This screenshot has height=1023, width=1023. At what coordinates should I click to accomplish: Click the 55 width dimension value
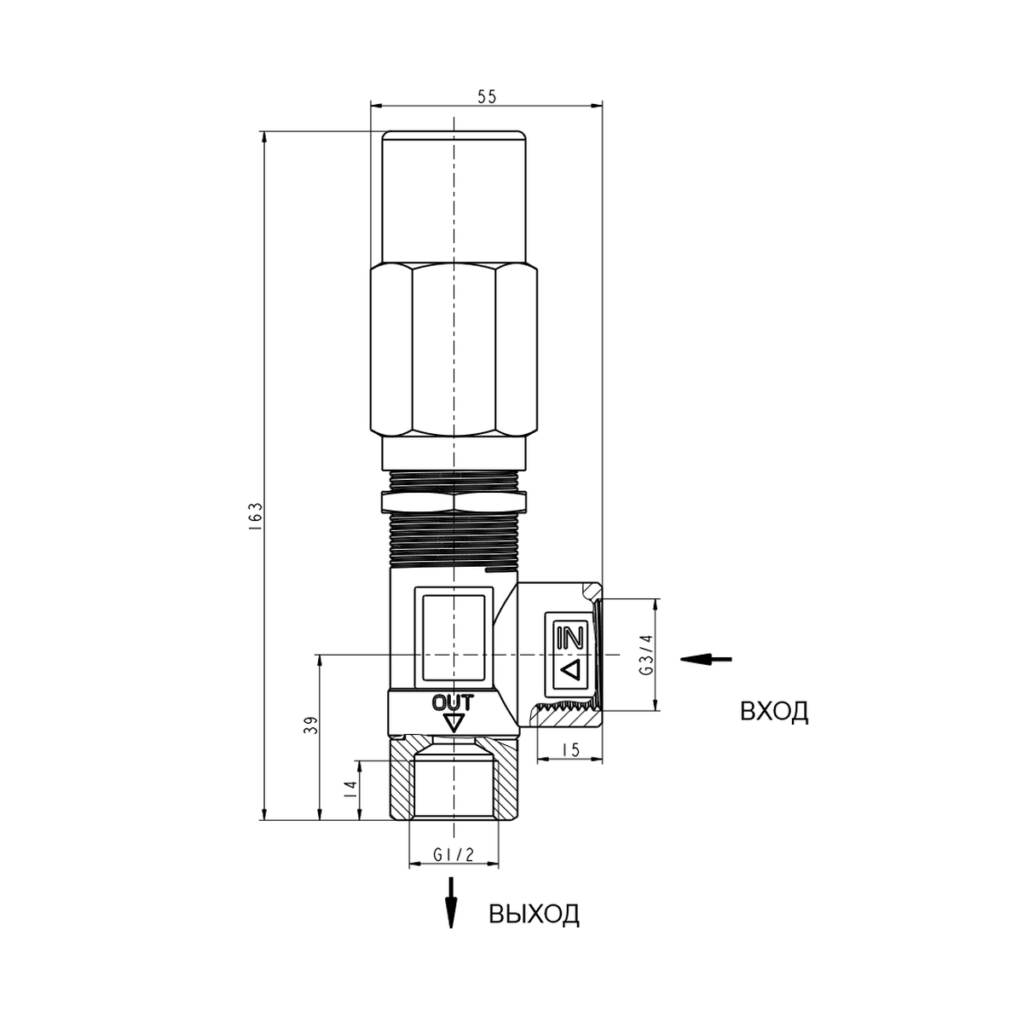point(486,97)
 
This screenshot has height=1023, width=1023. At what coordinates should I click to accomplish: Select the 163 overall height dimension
point(257,517)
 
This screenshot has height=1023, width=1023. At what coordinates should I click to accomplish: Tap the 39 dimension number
point(312,725)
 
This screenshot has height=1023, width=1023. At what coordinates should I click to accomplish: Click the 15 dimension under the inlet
point(571,749)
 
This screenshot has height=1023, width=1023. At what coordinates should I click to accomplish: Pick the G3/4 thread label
point(646,655)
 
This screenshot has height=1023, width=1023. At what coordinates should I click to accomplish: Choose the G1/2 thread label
point(454,855)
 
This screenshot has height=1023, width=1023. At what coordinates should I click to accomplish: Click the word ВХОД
point(774,712)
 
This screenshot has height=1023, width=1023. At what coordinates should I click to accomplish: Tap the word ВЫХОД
point(534,914)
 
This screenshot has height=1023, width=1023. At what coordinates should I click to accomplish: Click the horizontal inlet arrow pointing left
point(706,659)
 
